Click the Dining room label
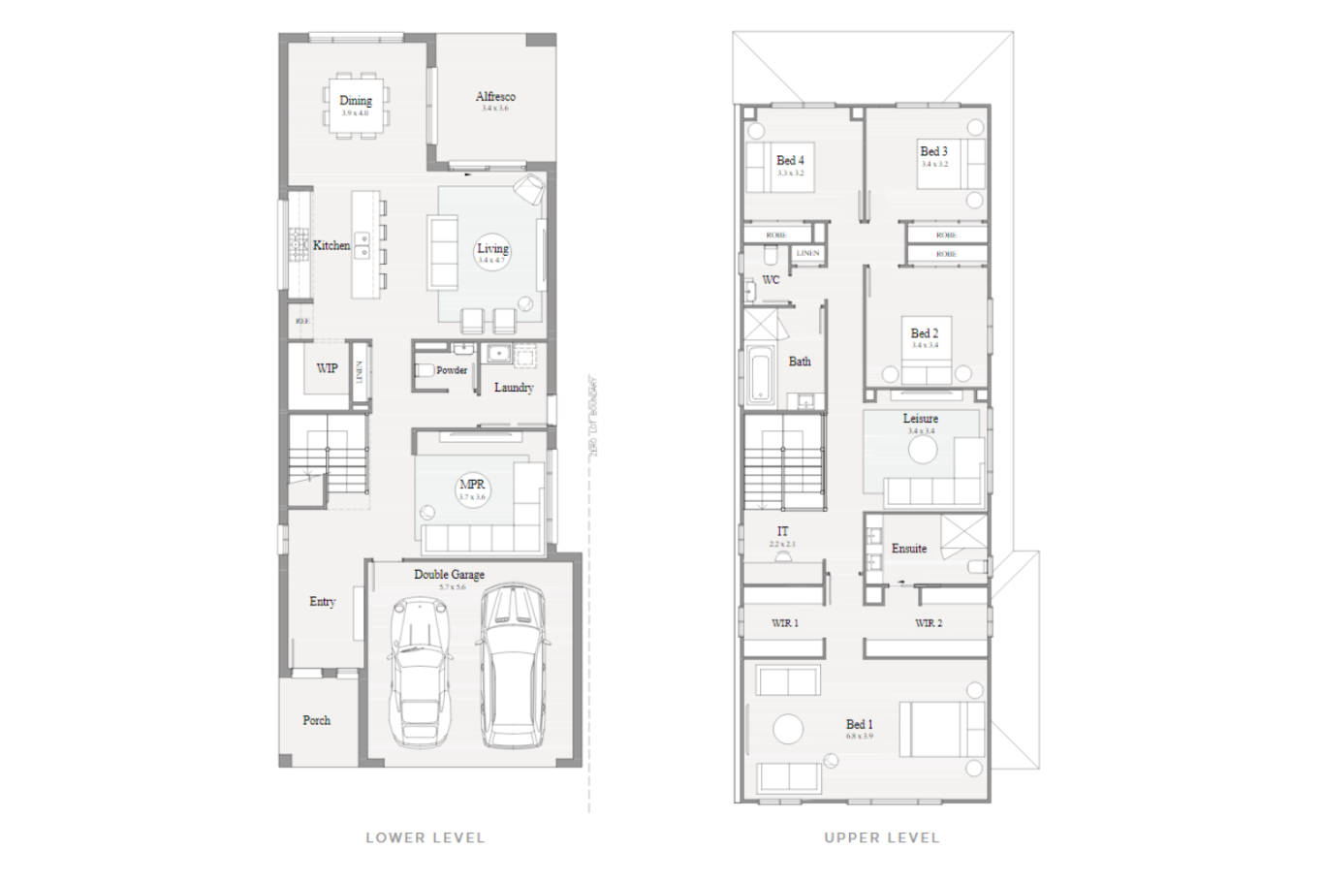pyautogui.click(x=356, y=101)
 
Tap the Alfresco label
pyautogui.click(x=495, y=97)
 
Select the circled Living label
pyautogui.click(x=492, y=250)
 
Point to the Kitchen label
pyautogui.click(x=331, y=246)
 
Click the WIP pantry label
pyautogui.click(x=328, y=368)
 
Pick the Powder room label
pyautogui.click(x=452, y=370)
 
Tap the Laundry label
pyautogui.click(x=514, y=388)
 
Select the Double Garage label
pyautogui.click(x=449, y=575)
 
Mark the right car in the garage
pyautogui.click(x=515, y=666)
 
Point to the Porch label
pyautogui.click(x=316, y=720)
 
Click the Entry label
pyautogui.click(x=322, y=602)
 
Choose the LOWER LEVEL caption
pyautogui.click(x=425, y=837)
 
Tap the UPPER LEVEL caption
pyautogui.click(x=881, y=837)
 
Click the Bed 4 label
pyautogui.click(x=790, y=161)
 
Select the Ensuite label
pyautogui.click(x=909, y=549)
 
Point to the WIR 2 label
pyautogui.click(x=929, y=623)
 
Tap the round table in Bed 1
pyautogui.click(x=788, y=729)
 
